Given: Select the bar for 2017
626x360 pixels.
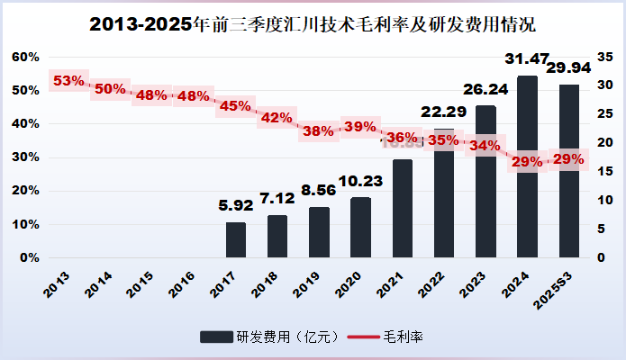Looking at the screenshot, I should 236,239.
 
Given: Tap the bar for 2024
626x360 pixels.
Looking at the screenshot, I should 527,166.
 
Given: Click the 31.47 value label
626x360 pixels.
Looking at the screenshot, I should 527,59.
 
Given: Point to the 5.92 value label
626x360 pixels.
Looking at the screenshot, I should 236,206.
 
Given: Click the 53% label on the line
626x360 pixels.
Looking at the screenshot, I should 68,81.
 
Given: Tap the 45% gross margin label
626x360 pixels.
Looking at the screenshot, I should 235,106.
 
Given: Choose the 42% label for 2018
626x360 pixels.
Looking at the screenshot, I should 277,117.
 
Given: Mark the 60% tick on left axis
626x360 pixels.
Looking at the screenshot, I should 25,57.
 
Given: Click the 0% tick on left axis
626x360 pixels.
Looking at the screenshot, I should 29,257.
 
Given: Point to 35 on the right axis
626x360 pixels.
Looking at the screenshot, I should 605,57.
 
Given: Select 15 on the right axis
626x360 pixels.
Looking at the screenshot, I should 605,171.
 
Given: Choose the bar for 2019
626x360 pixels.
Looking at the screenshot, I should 319,232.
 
